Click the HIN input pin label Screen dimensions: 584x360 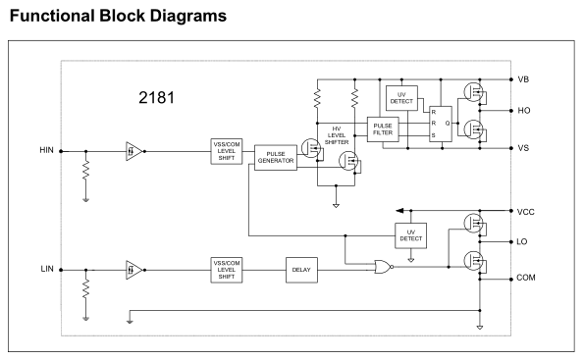[x=46, y=150]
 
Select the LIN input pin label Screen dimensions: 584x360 [x=47, y=269]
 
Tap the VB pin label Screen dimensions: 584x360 [x=523, y=79]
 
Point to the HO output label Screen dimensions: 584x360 [x=524, y=111]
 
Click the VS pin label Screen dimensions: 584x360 [x=523, y=148]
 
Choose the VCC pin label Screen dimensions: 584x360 [x=525, y=212]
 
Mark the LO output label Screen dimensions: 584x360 [x=522, y=242]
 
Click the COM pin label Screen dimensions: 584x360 [x=526, y=278]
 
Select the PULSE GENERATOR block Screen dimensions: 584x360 [x=276, y=158]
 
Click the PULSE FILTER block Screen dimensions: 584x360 [x=383, y=129]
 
